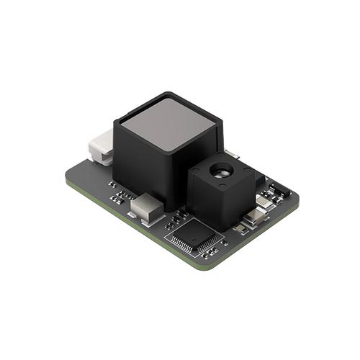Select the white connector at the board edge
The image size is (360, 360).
(101, 148)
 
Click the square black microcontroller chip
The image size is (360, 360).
(195, 235)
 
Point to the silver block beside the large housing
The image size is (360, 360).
(146, 208)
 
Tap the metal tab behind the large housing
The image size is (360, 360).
(232, 153)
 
